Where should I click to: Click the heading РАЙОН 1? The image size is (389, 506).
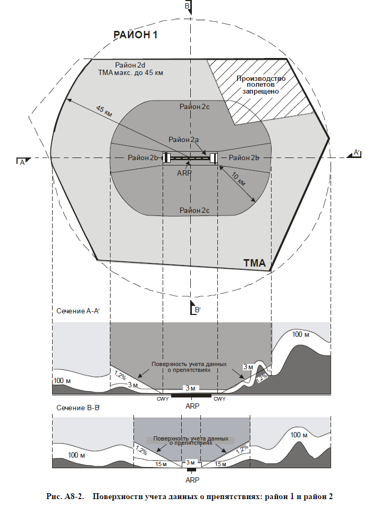136,35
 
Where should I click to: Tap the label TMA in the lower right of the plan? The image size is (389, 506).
257,263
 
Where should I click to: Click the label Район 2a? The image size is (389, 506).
184,139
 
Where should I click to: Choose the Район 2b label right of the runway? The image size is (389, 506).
239,158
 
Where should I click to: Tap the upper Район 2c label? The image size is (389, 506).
194,107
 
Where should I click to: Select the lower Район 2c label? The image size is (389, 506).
194,210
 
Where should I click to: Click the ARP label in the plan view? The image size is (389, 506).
185,172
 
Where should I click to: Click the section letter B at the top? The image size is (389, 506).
187,6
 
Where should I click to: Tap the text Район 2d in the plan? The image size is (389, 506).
130,64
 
